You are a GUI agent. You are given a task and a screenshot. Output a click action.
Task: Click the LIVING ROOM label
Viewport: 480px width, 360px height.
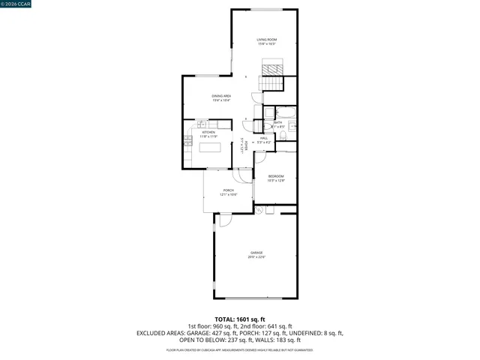267,40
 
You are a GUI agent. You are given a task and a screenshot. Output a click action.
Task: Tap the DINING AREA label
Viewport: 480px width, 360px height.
221,96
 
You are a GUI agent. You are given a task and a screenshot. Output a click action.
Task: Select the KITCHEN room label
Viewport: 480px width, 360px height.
208,132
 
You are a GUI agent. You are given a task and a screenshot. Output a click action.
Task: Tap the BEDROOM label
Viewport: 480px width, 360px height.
276,176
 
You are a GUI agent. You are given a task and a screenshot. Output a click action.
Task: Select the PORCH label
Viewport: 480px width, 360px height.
228,190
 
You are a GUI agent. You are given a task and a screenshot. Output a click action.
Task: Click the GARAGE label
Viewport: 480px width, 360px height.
256,253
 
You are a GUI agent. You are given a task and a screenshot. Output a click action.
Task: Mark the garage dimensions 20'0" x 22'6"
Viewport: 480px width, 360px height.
256,257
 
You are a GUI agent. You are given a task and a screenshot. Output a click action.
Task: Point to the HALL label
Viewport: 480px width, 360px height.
264,138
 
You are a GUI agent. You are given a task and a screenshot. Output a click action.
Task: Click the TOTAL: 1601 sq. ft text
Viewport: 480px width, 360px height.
240,319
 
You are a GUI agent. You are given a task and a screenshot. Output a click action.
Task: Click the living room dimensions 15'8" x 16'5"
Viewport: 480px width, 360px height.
267,44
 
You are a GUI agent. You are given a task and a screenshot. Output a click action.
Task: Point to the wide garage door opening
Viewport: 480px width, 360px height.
255,298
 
